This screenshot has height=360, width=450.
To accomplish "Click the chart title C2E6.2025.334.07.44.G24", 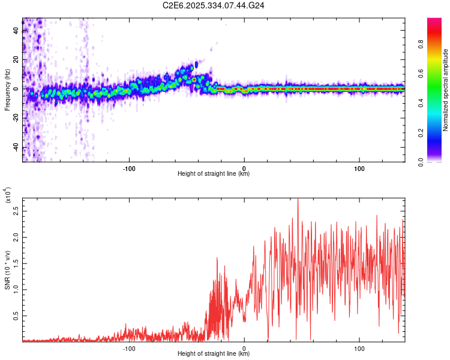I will pyautogui.click(x=214, y=6).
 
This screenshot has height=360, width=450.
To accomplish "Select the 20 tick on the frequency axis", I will pyautogui.click(x=16, y=59).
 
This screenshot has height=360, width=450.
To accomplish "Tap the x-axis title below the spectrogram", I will pyautogui.click(x=214, y=174).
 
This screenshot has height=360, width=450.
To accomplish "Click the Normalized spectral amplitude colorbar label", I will pyautogui.click(x=446, y=90).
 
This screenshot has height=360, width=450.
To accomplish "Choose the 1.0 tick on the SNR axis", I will pyautogui.click(x=16, y=289).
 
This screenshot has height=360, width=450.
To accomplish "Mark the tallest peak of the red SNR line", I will pyautogui.click(x=298, y=199).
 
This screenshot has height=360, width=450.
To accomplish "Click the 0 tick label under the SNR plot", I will pyautogui.click(x=244, y=347).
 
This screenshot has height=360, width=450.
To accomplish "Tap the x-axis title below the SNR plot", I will pyautogui.click(x=214, y=354).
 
